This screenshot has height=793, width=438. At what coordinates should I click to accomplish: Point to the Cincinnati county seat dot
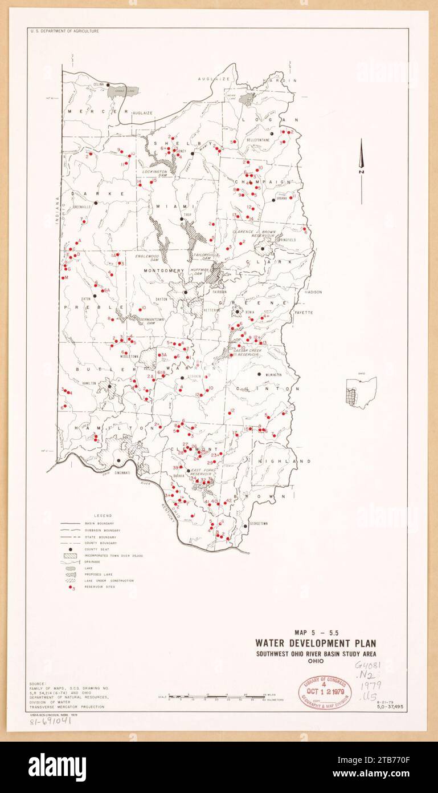click(118, 460)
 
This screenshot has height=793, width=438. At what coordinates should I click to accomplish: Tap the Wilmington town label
click(272, 375)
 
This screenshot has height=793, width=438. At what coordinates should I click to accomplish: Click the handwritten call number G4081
click(367, 665)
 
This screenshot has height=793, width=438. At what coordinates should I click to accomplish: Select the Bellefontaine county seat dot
click(272, 133)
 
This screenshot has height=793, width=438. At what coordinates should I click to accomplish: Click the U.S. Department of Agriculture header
click(64, 31)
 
